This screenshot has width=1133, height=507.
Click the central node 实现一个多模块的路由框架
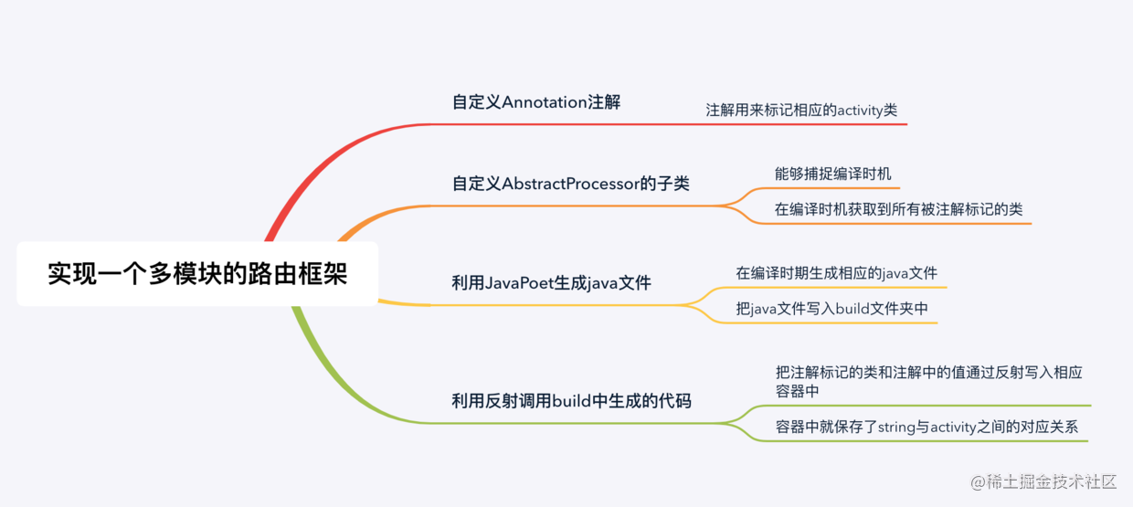tap(197, 274)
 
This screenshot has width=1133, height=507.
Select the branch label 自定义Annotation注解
tap(536, 102)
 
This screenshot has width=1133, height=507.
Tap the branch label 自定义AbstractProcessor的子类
tap(570, 184)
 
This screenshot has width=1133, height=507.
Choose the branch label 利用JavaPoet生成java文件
tap(551, 283)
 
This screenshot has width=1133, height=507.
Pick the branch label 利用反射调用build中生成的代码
tap(571, 400)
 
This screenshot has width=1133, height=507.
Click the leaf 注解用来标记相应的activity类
tap(801, 111)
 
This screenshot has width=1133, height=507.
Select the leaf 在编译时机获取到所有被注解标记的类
tap(898, 209)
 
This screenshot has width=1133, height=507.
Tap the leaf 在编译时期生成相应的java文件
tap(836, 273)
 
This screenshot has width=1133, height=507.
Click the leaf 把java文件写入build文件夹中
tap(831, 309)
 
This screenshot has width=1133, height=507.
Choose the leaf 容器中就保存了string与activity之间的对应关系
tap(928, 427)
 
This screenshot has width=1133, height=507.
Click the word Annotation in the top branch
tap(545, 102)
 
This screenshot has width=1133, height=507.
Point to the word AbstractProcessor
tap(570, 184)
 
